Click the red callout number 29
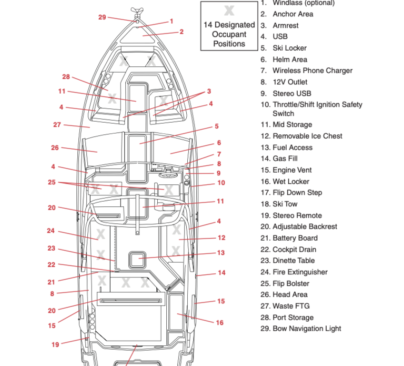click(102, 17)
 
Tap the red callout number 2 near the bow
click(181, 32)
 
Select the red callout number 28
click(66, 77)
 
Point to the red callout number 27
click(57, 125)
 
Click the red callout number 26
click(55, 148)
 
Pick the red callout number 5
click(217, 126)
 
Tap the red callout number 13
click(221, 253)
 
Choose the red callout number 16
click(219, 323)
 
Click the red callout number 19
click(55, 344)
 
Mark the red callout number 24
click(50, 231)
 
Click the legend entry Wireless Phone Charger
click(312, 71)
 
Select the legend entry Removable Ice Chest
click(307, 136)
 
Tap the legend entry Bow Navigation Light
click(307, 329)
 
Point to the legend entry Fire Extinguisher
click(300, 272)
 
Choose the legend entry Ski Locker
click(290, 48)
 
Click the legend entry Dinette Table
click(294, 261)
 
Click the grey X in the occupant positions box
click(229, 11)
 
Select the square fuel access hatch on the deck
click(137, 260)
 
